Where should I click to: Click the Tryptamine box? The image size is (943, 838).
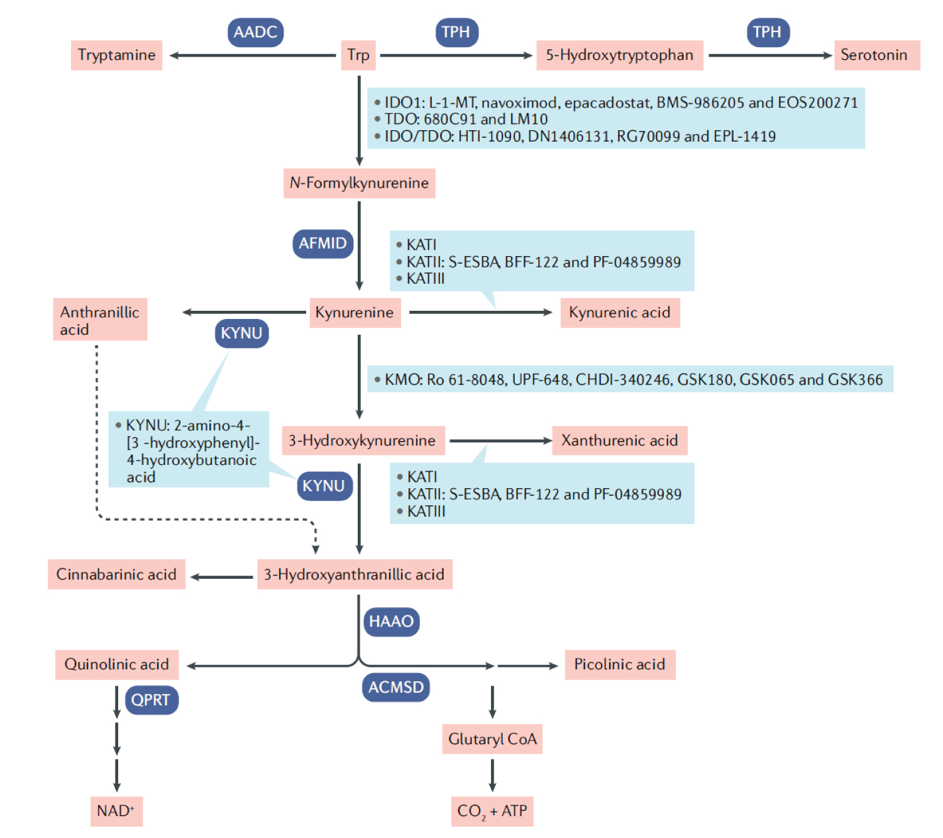click(116, 55)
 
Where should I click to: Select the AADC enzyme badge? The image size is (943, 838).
click(255, 32)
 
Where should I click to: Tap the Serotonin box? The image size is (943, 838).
click(876, 55)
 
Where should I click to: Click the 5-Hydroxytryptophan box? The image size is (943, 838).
click(619, 55)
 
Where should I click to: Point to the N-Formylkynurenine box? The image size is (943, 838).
click(359, 183)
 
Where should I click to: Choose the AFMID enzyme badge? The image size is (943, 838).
click(323, 243)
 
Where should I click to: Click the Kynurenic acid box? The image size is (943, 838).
click(620, 313)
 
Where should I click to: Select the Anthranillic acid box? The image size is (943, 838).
click(100, 320)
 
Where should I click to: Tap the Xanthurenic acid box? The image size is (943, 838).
click(619, 440)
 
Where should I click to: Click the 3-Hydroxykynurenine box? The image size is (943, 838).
click(363, 440)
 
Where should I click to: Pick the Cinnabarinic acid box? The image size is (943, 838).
click(116, 574)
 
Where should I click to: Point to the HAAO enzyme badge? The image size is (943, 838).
click(391, 622)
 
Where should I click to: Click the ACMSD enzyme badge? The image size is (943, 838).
click(396, 687)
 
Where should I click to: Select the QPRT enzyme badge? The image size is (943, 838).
click(151, 700)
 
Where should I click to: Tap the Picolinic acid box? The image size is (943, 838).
click(620, 664)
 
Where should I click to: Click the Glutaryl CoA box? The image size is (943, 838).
click(492, 739)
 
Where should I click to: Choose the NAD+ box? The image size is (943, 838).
click(116, 811)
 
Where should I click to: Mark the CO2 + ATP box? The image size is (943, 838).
click(492, 812)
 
